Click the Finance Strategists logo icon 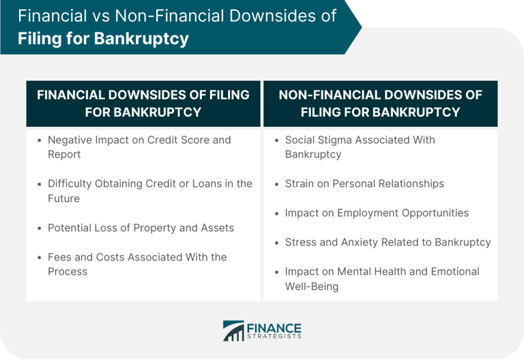[x=233, y=331]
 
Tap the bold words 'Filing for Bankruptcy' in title [x=103, y=38]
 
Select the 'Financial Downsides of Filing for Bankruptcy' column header [x=143, y=103]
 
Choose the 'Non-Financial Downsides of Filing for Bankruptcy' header [x=380, y=103]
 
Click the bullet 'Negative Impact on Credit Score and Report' [x=139, y=147]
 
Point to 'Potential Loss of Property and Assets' [x=141, y=228]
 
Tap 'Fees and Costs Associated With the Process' [x=136, y=264]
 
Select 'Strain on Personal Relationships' [x=364, y=183]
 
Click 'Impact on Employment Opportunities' [x=377, y=213]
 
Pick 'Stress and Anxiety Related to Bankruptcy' [x=388, y=242]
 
